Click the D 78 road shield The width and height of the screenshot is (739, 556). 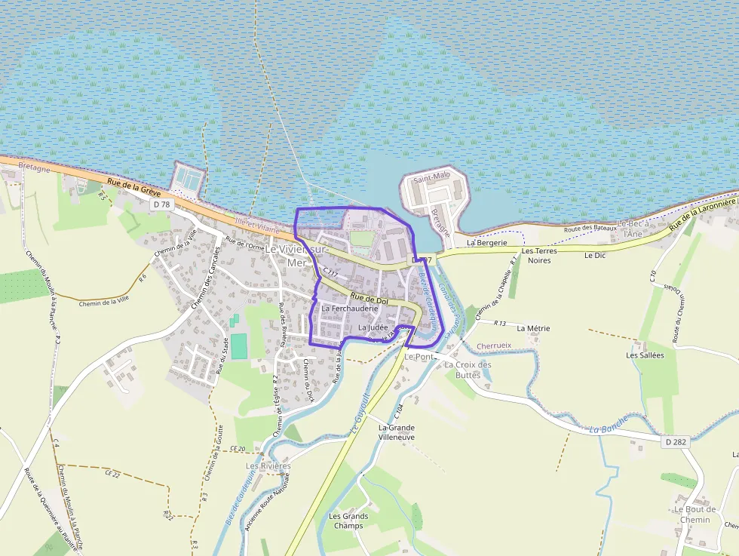161,204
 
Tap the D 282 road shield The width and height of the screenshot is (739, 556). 676,441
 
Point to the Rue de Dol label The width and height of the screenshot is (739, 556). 369,300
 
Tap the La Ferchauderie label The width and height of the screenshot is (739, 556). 349,309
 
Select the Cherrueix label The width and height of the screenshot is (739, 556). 494,346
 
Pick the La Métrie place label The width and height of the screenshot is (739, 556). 533,329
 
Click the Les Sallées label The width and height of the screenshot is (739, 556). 645,355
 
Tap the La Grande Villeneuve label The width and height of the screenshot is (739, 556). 396,432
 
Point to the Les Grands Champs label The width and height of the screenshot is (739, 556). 348,521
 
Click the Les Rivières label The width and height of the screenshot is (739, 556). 268,466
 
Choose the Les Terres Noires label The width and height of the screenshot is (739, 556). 539,255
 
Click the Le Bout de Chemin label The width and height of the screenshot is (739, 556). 695,514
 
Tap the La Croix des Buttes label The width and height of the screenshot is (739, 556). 468,370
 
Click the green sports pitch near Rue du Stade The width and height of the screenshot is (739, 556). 238,346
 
